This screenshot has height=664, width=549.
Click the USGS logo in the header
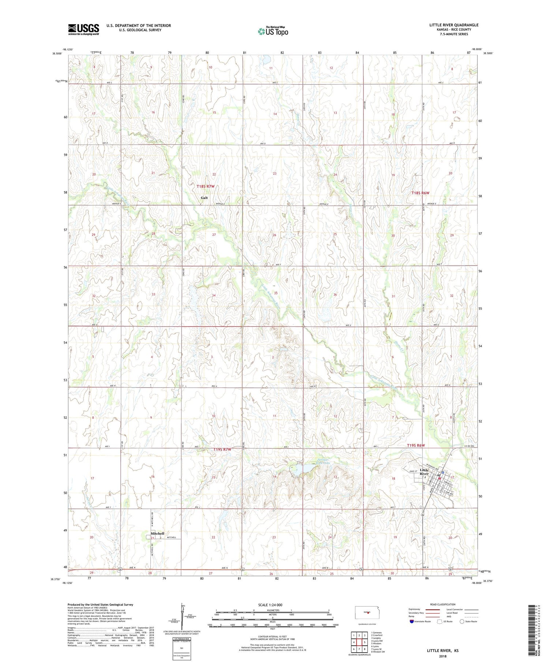pyautogui.click(x=83, y=29)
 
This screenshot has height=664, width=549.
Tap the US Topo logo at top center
pyautogui.click(x=273, y=31)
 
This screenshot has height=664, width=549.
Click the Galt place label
pyautogui.click(x=204, y=198)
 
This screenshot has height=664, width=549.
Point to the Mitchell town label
pyautogui.click(x=157, y=534)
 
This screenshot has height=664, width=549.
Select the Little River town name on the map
pyautogui.click(x=424, y=472)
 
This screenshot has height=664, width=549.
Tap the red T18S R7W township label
pyautogui.click(x=205, y=186)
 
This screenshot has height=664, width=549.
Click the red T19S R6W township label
pyautogui.click(x=416, y=445)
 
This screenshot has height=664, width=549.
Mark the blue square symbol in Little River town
pyautogui.click(x=443, y=472)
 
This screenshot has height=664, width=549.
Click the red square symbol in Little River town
pyautogui.click(x=440, y=478)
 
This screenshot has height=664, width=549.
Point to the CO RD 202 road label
pyautogui.click(x=470, y=445)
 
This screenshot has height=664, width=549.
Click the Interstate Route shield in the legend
pyautogui.click(x=411, y=621)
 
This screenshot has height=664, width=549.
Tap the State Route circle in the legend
pyautogui.click(x=462, y=621)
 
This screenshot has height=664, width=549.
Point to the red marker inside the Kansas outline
pyautogui.click(x=368, y=612)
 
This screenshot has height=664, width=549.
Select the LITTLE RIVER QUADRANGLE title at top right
pyautogui.click(x=454, y=25)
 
